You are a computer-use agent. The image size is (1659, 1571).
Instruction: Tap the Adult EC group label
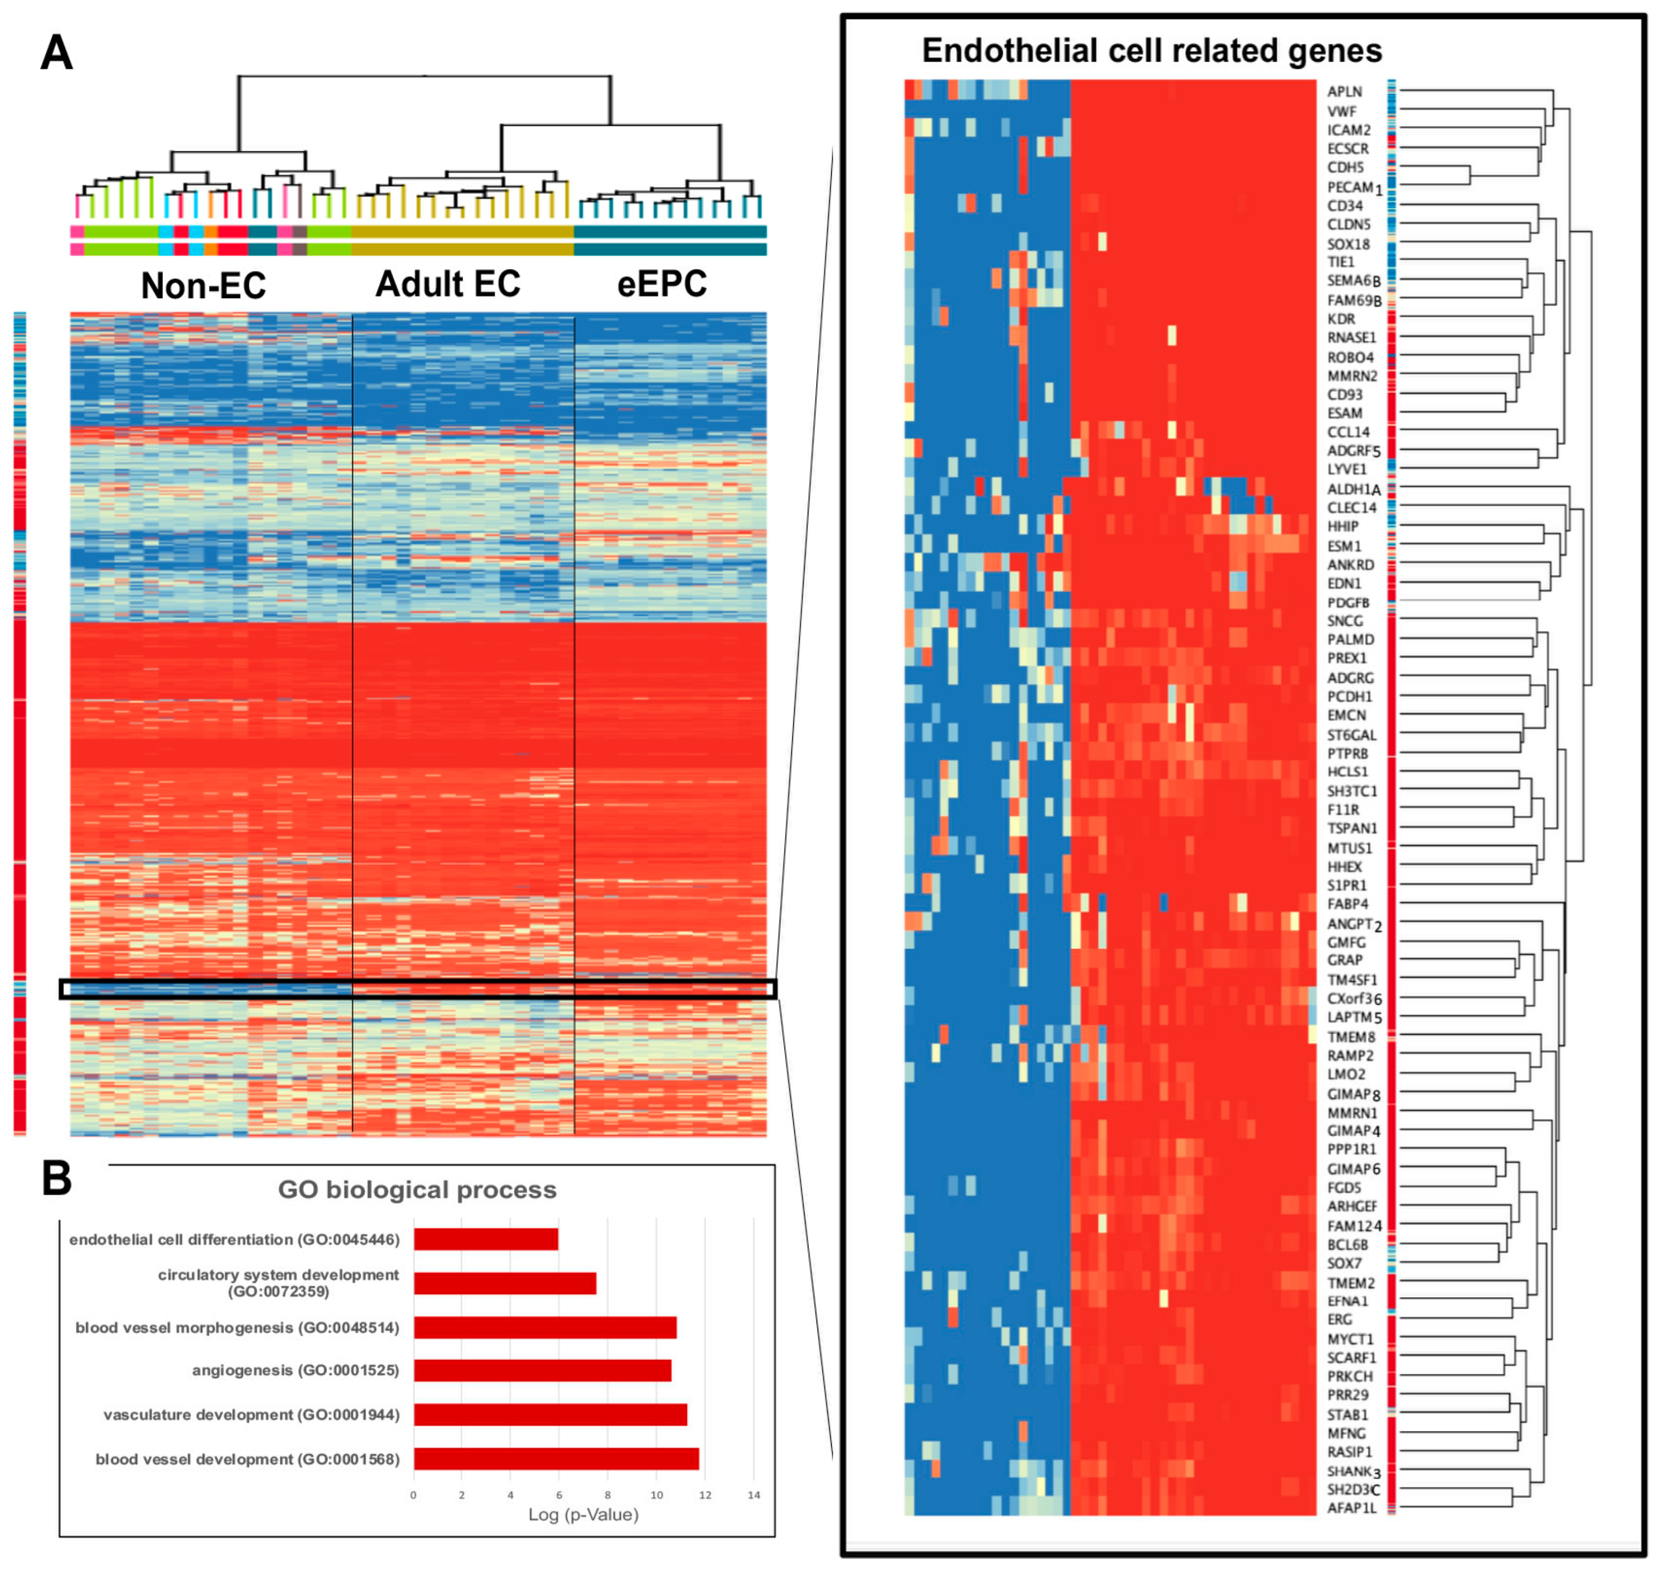tap(447, 284)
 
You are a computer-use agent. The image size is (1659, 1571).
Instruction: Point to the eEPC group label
tap(661, 284)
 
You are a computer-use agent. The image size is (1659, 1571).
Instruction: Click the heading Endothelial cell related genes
tap(1151, 50)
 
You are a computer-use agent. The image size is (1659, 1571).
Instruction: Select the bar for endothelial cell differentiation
tap(486, 1240)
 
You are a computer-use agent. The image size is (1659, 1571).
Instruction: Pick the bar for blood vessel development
tap(556, 1459)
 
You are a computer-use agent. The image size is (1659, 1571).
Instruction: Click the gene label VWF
tap(1341, 111)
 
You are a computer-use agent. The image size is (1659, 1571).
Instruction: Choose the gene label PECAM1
tap(1353, 187)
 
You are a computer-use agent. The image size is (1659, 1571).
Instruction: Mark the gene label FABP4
tap(1347, 903)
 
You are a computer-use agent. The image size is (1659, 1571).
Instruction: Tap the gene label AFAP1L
tap(1351, 1507)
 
